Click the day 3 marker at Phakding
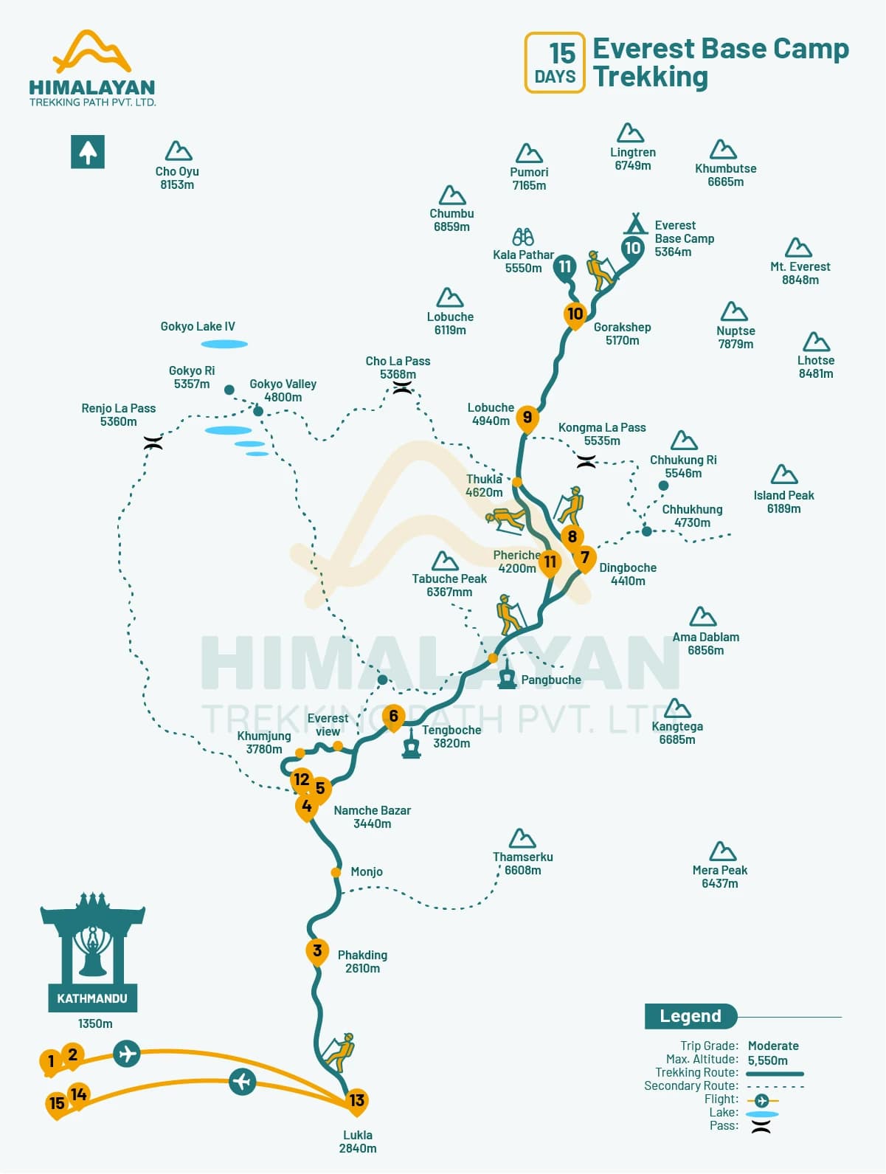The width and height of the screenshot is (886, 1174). [317, 951]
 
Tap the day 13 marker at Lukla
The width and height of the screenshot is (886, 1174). [356, 1100]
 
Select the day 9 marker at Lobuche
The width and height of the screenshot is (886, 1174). [527, 418]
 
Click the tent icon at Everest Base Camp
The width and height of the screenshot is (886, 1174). [635, 224]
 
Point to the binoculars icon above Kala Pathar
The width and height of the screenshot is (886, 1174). [523, 237]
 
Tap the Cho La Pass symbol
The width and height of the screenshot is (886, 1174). [402, 388]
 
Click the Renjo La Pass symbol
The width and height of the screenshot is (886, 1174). [153, 443]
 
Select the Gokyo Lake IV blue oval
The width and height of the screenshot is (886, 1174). [224, 344]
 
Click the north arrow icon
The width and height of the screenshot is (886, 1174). [88, 152]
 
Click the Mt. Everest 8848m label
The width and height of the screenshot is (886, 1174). [800, 273]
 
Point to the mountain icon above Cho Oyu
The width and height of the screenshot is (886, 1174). [178, 151]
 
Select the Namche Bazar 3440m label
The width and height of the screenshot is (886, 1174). [372, 817]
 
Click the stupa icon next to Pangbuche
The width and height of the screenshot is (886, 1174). [506, 674]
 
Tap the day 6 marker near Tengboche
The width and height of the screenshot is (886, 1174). [393, 717]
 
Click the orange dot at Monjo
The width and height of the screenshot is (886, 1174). [336, 872]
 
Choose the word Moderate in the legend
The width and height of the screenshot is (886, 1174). [772, 1046]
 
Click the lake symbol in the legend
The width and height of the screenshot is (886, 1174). [762, 1114]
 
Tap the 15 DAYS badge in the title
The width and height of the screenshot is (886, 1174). [555, 63]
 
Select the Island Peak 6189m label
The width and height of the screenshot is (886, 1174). [783, 502]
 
